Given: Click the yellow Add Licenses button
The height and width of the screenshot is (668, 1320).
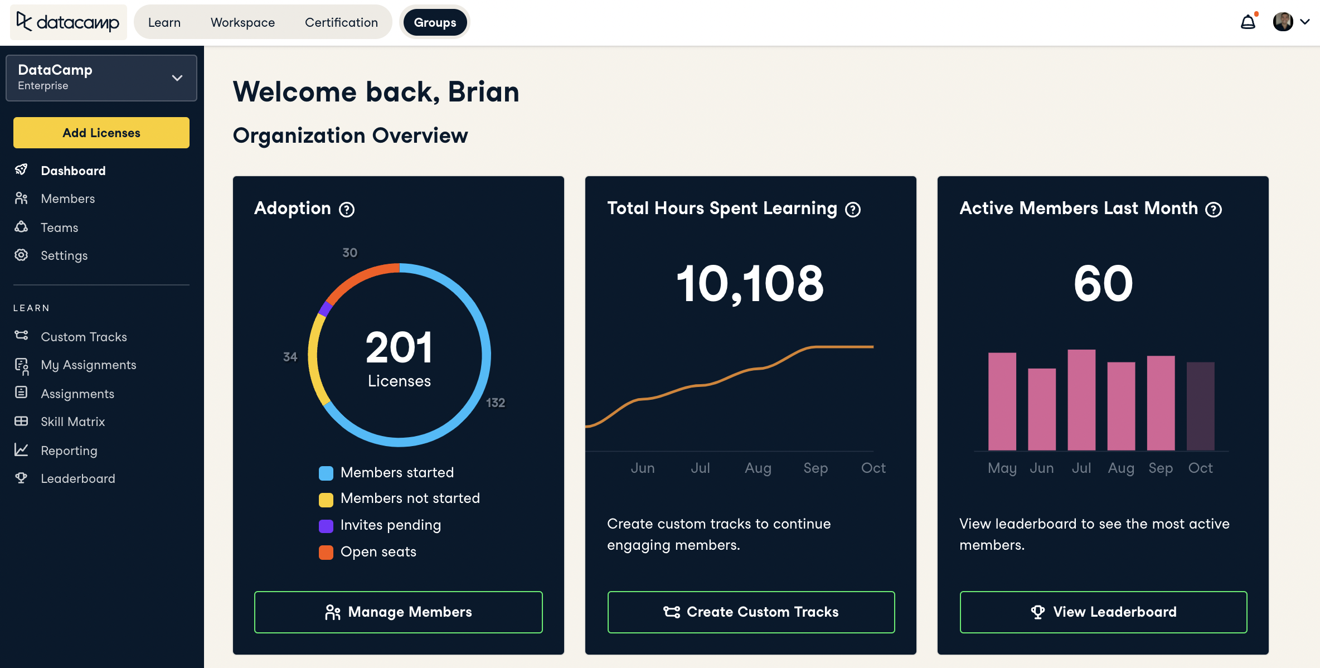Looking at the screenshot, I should pos(101,133).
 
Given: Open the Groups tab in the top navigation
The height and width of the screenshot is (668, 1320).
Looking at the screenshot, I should pos(435,22).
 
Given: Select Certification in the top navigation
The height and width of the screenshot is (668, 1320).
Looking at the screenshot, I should pos(341,22).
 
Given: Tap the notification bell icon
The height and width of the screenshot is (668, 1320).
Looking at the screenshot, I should pos(1248,22).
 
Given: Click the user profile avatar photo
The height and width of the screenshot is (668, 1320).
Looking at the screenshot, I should pos(1283,22).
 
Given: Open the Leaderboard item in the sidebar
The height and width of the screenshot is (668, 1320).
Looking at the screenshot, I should pos(77,478).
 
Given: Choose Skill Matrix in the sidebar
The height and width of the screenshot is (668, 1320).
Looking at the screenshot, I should pos(72,422).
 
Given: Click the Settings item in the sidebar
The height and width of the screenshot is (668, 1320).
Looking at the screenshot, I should pos(64,255).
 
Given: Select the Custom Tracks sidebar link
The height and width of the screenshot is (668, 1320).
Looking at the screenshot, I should pos(84,337).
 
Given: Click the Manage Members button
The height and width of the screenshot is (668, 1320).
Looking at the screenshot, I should pos(398,612).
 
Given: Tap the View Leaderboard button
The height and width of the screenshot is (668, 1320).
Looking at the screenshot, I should pos(1103,612).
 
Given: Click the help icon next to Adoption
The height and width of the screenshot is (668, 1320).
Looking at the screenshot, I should pos(347,209).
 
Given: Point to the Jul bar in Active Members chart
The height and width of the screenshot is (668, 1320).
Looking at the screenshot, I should pos(1081,400).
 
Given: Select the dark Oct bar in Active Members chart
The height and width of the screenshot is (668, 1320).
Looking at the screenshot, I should pos(1200,406).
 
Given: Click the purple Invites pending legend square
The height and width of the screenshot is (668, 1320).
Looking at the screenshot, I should pos(326,525).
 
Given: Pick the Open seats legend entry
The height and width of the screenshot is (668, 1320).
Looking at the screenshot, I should pos(378,551).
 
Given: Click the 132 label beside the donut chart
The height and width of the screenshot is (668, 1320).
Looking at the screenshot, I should pos(495,403).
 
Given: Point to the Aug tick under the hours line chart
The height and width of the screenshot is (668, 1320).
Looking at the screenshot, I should pos(758,468).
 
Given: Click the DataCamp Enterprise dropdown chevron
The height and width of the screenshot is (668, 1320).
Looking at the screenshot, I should pos(177,78).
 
